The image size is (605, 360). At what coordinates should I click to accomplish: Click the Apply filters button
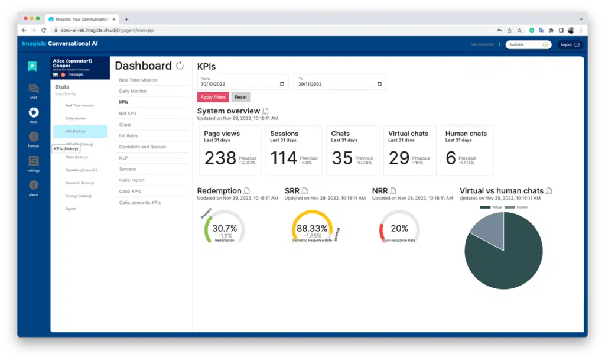point(213,97)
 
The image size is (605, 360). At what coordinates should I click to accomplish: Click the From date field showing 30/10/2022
point(242,83)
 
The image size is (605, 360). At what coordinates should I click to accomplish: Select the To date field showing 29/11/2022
point(340,83)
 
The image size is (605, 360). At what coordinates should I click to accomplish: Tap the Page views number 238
point(220,158)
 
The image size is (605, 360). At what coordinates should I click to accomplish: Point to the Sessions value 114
point(284,158)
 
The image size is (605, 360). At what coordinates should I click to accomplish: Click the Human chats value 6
point(451,158)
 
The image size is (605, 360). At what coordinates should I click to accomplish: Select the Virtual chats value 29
point(399,158)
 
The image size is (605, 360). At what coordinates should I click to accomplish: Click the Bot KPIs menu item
point(128,113)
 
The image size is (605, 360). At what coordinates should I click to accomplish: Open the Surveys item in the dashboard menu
point(127,169)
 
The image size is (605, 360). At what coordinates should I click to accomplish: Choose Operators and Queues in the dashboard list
point(142,147)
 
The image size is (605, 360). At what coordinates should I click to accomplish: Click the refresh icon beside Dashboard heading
point(180,66)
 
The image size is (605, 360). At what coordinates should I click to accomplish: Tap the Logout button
point(570,44)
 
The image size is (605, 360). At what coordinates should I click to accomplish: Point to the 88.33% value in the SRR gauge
point(311,228)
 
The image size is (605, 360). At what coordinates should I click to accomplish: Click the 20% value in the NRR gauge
point(399,228)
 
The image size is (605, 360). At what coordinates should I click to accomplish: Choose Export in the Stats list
point(70,209)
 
